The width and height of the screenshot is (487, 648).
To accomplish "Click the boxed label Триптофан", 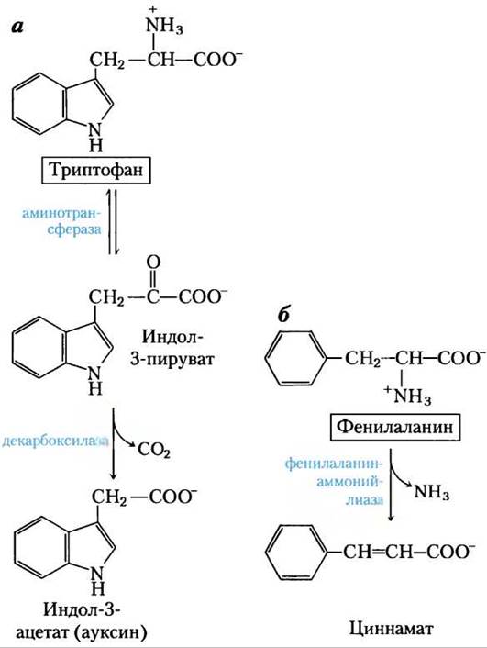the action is point(96,170).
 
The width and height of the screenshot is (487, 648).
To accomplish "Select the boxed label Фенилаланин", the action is point(394,426).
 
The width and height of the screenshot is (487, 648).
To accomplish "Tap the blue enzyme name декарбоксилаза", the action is point(55,441).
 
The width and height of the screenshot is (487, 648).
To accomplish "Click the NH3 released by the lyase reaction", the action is point(431,491).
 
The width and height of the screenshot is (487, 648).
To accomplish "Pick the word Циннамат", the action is point(392,629).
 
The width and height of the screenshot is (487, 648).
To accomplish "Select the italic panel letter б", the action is point(283,315).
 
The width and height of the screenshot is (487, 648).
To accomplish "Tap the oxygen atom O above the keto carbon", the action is point(154,263).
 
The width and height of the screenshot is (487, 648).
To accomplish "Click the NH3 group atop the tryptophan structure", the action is point(164,24).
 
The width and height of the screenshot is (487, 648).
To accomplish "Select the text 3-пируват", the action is point(172,359).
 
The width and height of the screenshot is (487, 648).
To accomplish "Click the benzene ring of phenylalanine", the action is point(295,358).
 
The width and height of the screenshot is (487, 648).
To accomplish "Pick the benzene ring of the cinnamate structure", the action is point(295,553).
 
